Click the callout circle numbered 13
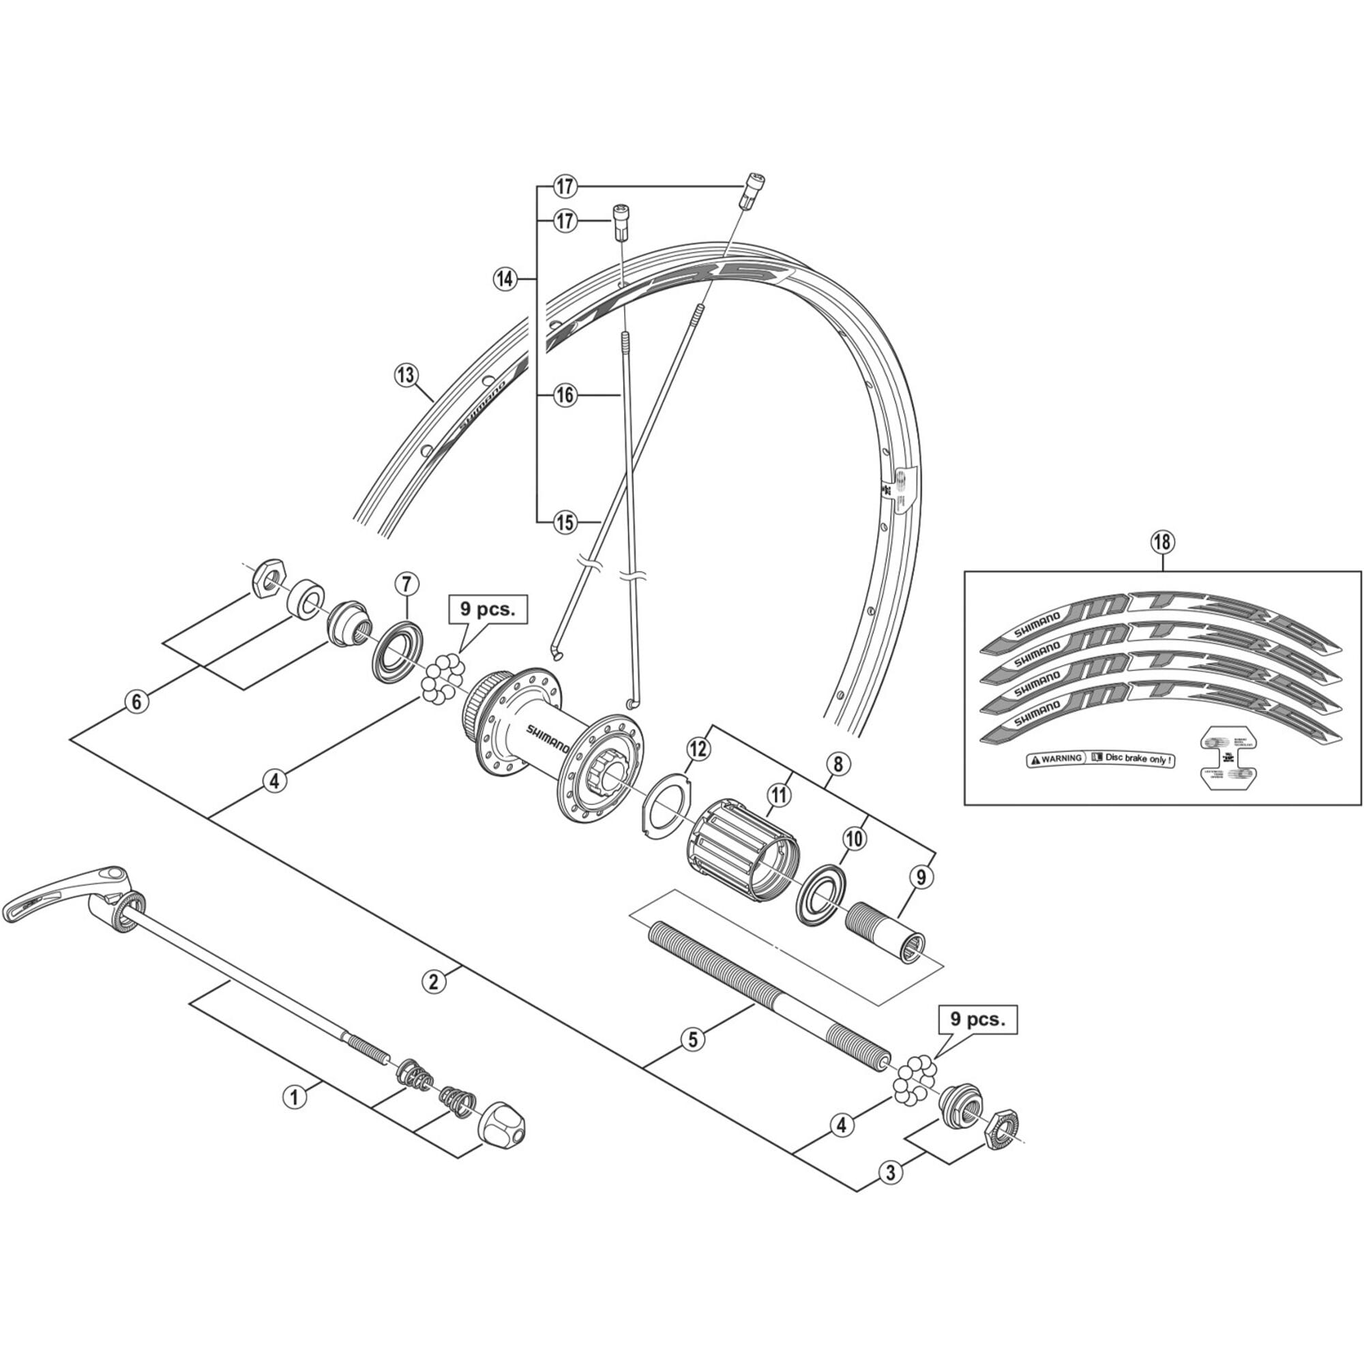405,375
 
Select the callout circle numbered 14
504,279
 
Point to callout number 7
406,584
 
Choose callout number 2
434,981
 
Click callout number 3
890,1172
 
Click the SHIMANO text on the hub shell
548,738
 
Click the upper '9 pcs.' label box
488,609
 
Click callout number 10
854,839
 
